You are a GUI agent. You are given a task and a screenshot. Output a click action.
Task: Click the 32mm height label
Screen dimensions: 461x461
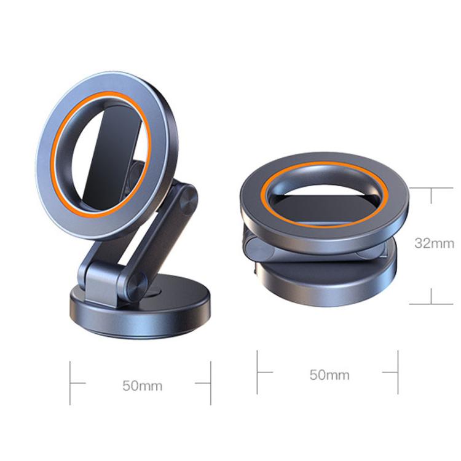[433, 243]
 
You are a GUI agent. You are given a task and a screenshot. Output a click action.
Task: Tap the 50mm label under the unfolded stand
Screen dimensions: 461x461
[142, 385]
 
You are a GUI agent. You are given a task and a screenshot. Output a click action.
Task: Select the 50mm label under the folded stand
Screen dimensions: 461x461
[329, 374]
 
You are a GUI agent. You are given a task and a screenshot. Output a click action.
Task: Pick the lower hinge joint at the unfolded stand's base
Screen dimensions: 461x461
[133, 284]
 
